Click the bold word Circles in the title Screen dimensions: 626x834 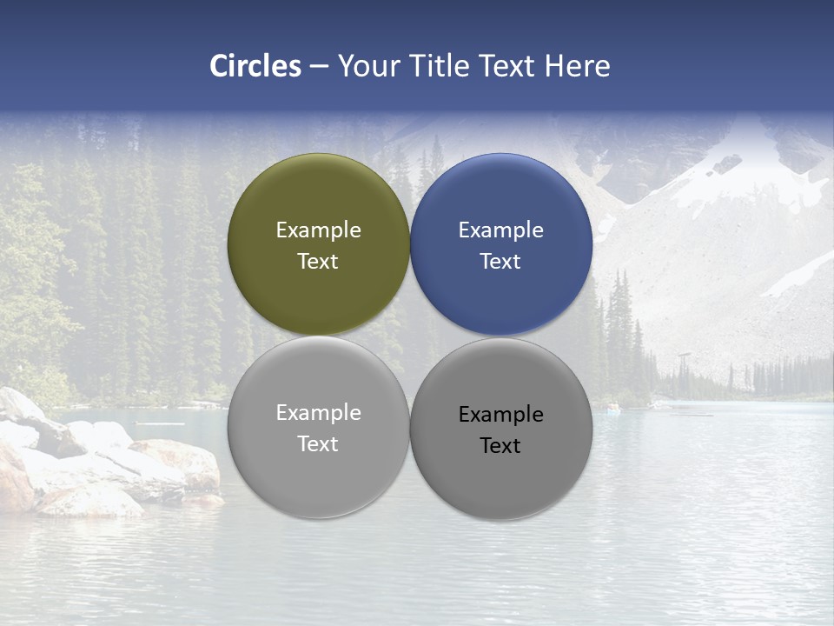[x=255, y=66]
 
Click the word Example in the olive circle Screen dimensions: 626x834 [x=318, y=230]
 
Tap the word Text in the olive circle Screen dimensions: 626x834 [x=318, y=262]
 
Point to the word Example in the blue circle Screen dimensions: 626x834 [x=501, y=230]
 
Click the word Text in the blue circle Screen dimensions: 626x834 [x=501, y=262]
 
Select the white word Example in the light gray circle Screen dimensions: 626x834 [x=318, y=413]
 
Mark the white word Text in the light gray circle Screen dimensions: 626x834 [x=318, y=444]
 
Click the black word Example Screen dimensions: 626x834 [x=501, y=415]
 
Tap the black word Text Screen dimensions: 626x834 [x=501, y=446]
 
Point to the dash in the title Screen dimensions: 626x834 [x=319, y=67]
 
